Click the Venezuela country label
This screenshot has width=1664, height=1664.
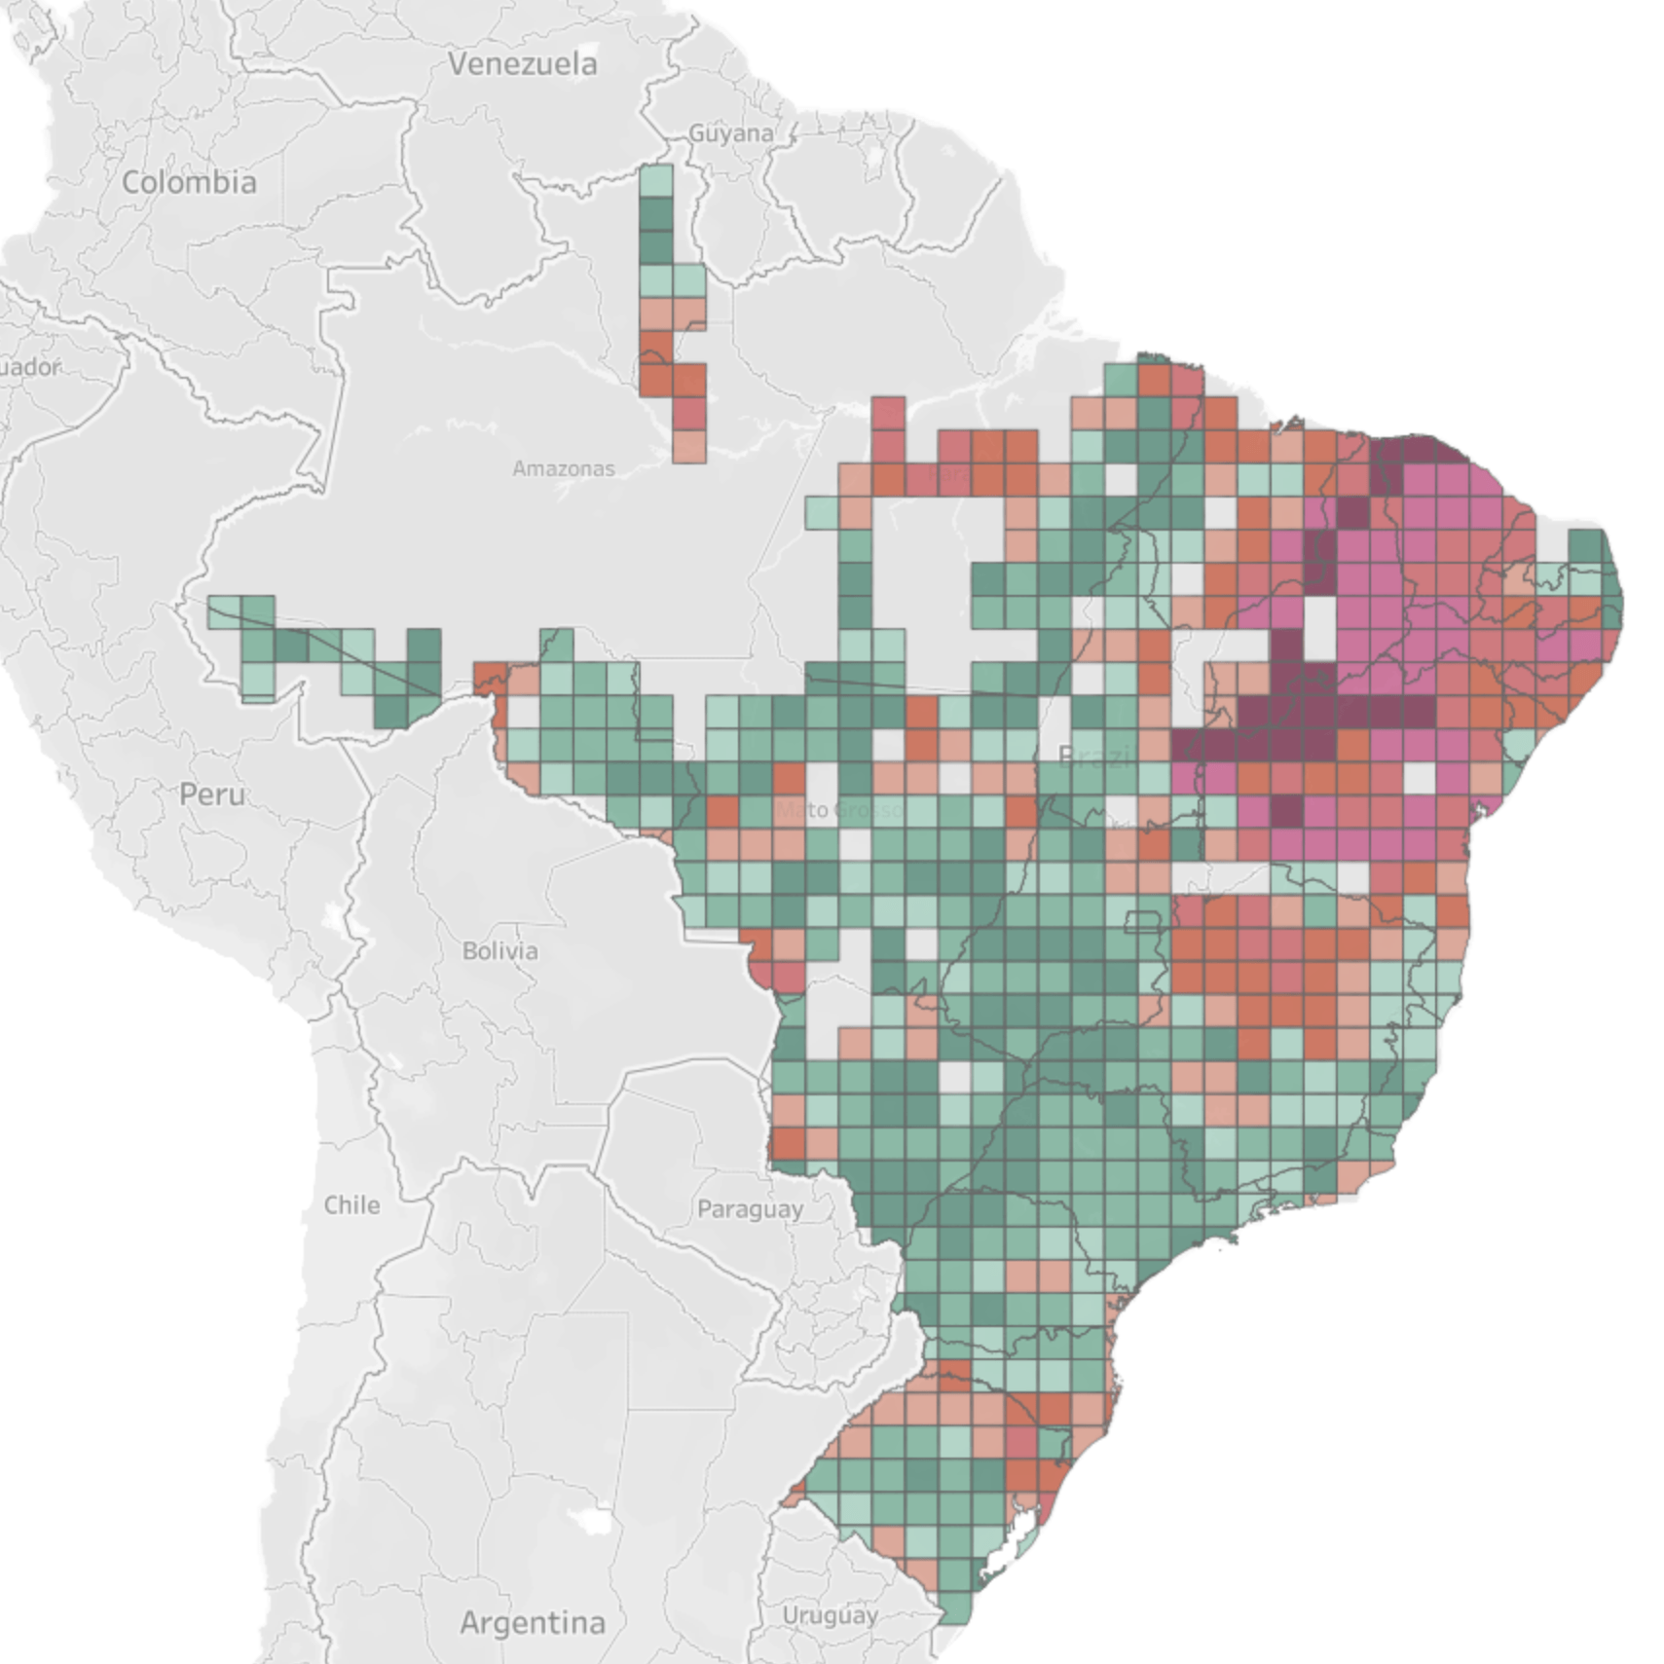pos(522,64)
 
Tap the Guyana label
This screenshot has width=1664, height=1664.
pos(730,133)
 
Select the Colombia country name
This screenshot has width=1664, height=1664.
pos(189,182)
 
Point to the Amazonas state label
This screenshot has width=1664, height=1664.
pos(563,468)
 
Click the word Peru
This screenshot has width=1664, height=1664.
pos(212,795)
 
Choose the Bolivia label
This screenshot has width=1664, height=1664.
pos(499,950)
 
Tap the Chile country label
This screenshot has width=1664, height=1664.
pos(351,1204)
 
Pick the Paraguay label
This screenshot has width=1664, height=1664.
pos(750,1209)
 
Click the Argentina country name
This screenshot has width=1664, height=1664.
pos(533,1622)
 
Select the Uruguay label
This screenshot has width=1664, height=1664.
pos(830,1615)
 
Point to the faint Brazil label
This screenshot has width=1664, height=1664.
pos(1093,757)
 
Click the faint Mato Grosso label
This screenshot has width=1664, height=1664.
pos(837,809)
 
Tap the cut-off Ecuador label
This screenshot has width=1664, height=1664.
pos(29,367)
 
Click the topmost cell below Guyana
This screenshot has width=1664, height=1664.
pos(656,180)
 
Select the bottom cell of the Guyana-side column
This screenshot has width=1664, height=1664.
pos(689,446)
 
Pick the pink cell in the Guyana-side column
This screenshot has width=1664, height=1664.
pos(689,412)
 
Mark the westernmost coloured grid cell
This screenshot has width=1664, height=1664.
pos(224,611)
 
